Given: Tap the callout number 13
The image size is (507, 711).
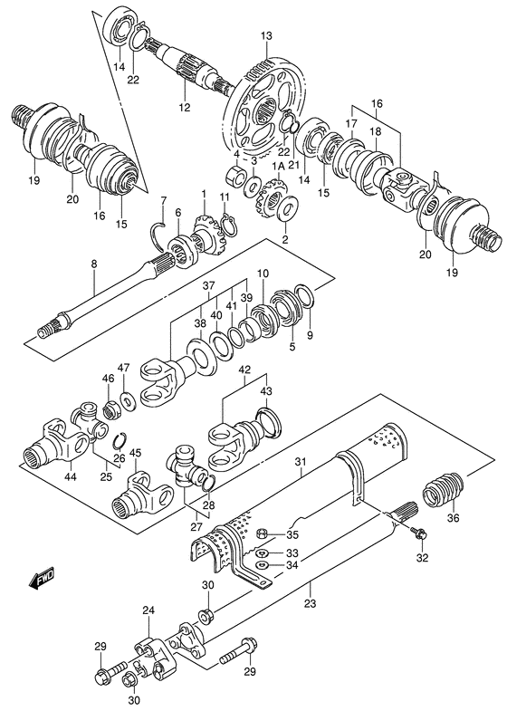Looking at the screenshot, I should pyautogui.click(x=265, y=36).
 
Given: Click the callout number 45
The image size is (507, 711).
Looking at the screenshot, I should pyautogui.click(x=135, y=453).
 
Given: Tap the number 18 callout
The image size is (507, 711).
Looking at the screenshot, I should pyautogui.click(x=375, y=131).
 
